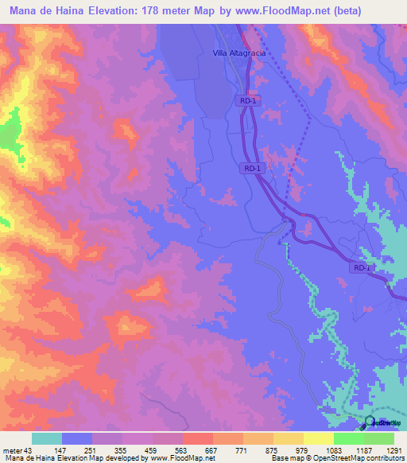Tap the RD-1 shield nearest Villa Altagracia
click(x=248, y=101)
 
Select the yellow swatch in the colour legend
click(x=318, y=438)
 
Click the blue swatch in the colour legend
click(x=76, y=438)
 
